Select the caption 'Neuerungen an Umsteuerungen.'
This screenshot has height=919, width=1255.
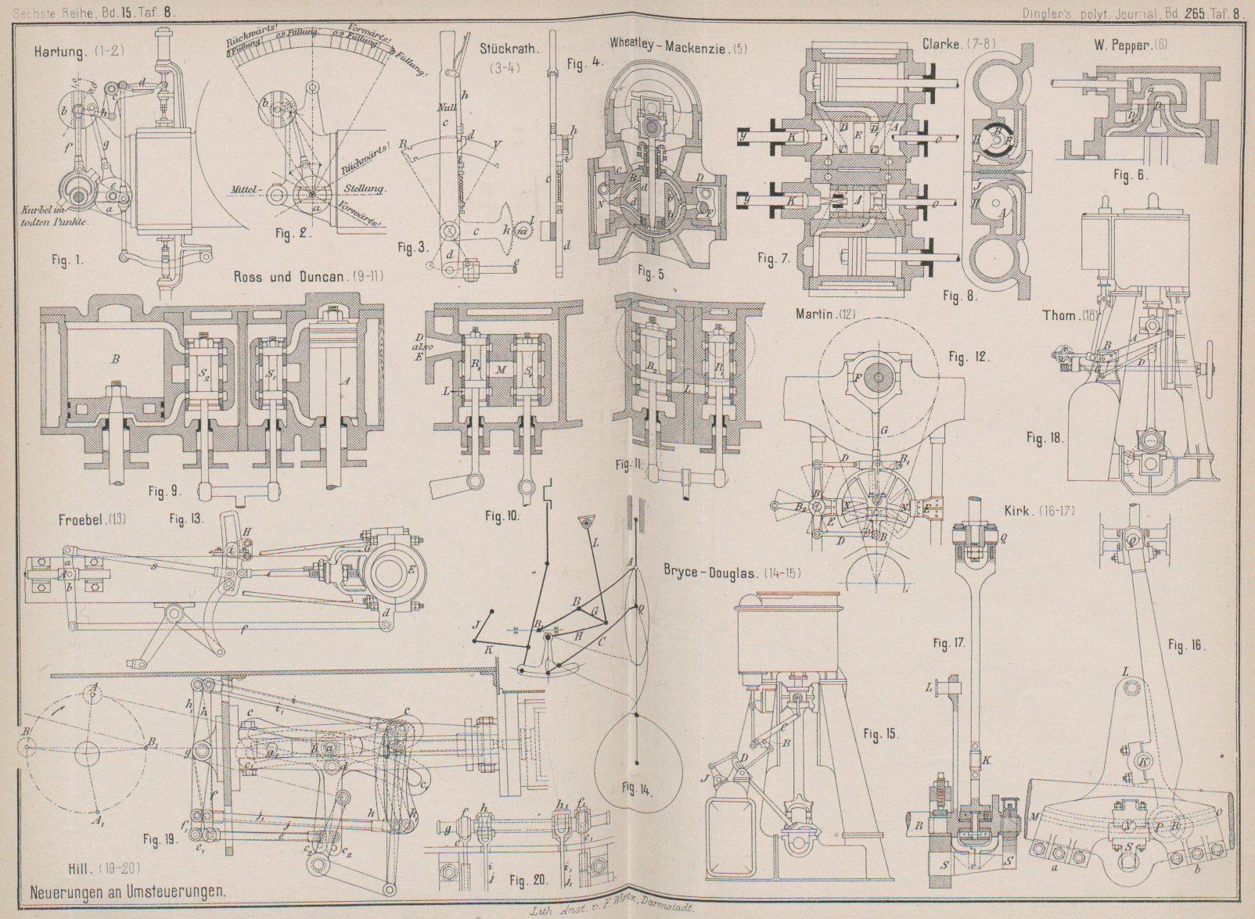pyautogui.click(x=128, y=890)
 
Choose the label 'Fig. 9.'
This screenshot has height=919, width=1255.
pyautogui.click(x=164, y=491)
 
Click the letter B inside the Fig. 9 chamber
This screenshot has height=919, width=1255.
pyautogui.click(x=115, y=360)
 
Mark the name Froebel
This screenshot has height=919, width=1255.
pyautogui.click(x=81, y=519)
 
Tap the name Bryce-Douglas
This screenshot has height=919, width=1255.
pyautogui.click(x=710, y=572)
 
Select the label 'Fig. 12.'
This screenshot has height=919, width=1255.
pyautogui.click(x=968, y=357)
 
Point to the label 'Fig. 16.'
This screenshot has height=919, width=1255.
pyautogui.click(x=1186, y=645)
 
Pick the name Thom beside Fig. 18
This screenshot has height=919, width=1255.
pyautogui.click(x=1058, y=316)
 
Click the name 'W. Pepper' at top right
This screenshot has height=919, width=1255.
pyautogui.click(x=1120, y=45)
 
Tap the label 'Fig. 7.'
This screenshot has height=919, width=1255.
pyautogui.click(x=773, y=259)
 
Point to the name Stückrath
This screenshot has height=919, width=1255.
pyautogui.click(x=509, y=48)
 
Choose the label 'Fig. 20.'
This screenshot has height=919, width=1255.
pyautogui.click(x=528, y=881)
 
